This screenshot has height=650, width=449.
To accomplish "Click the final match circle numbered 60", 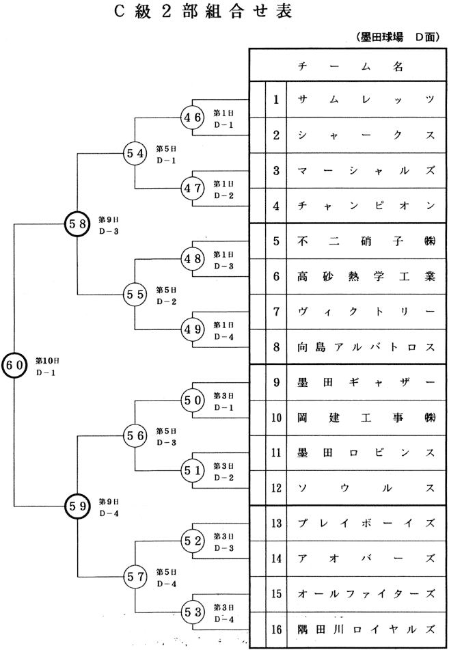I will point(14,365).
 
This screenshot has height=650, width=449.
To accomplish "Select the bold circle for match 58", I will point(77,223).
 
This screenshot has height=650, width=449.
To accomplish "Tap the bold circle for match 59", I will point(77,506).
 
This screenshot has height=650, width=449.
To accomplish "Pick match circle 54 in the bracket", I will point(134,153).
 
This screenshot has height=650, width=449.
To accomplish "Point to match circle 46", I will point(192,118).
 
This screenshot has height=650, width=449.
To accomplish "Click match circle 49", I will point(192,329).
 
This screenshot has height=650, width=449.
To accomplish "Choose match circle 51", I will point(192,471).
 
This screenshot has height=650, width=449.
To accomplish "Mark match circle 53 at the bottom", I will point(192,612).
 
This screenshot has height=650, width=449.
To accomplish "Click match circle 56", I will point(134,435).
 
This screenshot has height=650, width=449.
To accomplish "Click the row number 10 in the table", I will point(275,418).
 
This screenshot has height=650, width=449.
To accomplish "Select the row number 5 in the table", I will point(275,241).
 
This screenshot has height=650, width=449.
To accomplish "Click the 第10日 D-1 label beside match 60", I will point(48,366).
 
